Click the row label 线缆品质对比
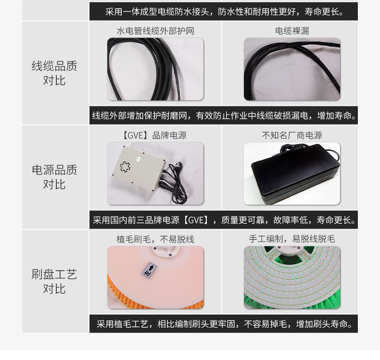[54, 73]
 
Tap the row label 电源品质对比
[54, 177]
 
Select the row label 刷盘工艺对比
[54, 281]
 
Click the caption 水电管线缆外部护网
[155, 31]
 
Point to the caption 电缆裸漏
[292, 31]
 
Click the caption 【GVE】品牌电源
[154, 135]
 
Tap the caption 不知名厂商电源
[292, 135]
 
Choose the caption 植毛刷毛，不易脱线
[155, 239]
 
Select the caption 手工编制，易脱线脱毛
[292, 239]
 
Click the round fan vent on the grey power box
[125, 167]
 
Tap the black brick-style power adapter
[295, 174]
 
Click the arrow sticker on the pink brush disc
[149, 270]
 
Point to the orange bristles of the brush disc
[155, 298]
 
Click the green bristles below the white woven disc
[292, 302]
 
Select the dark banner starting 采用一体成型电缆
[224, 12]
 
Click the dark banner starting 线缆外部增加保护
[224, 116]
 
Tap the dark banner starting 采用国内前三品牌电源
[224, 219]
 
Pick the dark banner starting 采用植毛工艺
[224, 323]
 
